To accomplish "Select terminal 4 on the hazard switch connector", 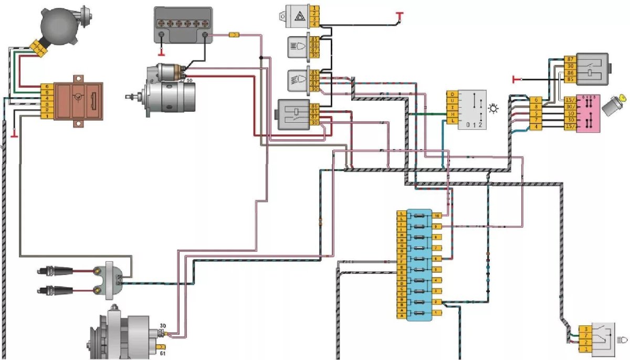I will point(314,24).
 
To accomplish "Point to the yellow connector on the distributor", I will point(38,47).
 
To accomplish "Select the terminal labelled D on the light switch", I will point(451,94).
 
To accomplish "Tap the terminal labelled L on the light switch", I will point(451,121).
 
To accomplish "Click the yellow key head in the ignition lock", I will point(623,97).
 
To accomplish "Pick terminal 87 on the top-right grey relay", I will point(570,59).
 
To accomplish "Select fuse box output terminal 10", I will point(437,215).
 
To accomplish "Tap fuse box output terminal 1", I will point(437,312).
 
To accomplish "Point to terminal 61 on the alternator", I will point(163,347).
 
